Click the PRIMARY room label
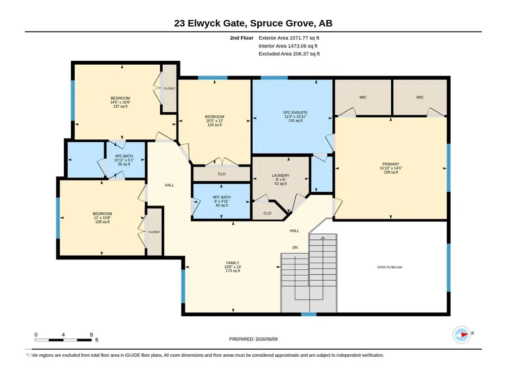(391, 164)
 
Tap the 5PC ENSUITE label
(295, 113)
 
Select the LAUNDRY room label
(280, 175)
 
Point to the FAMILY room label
(232, 263)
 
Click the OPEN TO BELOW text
(390, 267)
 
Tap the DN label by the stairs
(295, 248)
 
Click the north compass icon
(461, 335)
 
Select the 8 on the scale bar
(92, 335)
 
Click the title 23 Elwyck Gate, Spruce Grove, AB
(253, 23)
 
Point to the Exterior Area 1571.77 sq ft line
(289, 38)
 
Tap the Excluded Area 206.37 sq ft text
(289, 54)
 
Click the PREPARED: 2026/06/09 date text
(253, 339)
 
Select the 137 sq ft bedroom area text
(120, 106)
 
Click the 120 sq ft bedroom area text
(214, 125)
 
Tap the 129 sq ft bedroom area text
(102, 222)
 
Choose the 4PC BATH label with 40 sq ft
(222, 197)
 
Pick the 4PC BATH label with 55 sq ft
(124, 156)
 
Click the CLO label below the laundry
(267, 213)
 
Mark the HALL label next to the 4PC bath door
(170, 185)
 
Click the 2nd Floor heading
(241, 38)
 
